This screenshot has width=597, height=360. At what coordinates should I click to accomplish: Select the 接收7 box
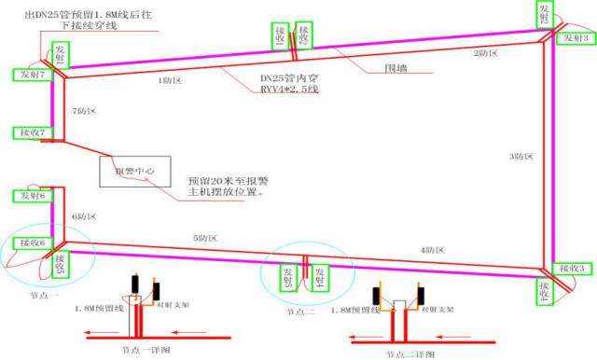tap(30, 132)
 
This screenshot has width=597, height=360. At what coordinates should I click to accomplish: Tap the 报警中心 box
tap(131, 172)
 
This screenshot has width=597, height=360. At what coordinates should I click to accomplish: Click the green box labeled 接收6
tap(30, 242)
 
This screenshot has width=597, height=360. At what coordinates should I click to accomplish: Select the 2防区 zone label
tap(486, 53)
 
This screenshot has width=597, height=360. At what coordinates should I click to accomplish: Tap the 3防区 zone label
tap(521, 156)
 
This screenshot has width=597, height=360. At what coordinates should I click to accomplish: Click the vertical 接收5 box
tap(60, 266)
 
